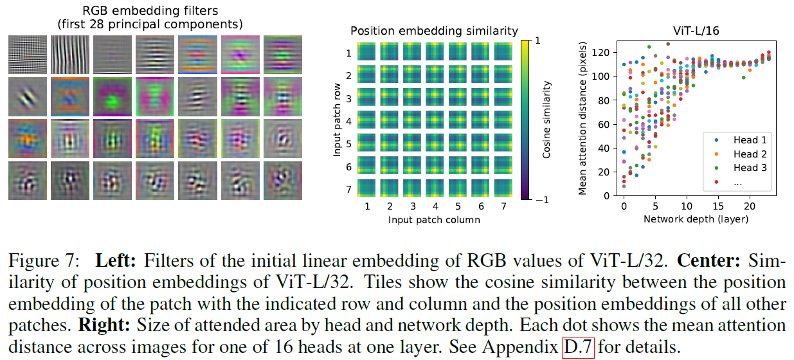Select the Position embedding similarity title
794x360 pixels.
coord(434,31)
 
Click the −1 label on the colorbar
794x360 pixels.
coord(543,199)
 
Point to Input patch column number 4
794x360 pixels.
coord(435,207)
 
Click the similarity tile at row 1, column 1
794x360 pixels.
coord(367,52)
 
